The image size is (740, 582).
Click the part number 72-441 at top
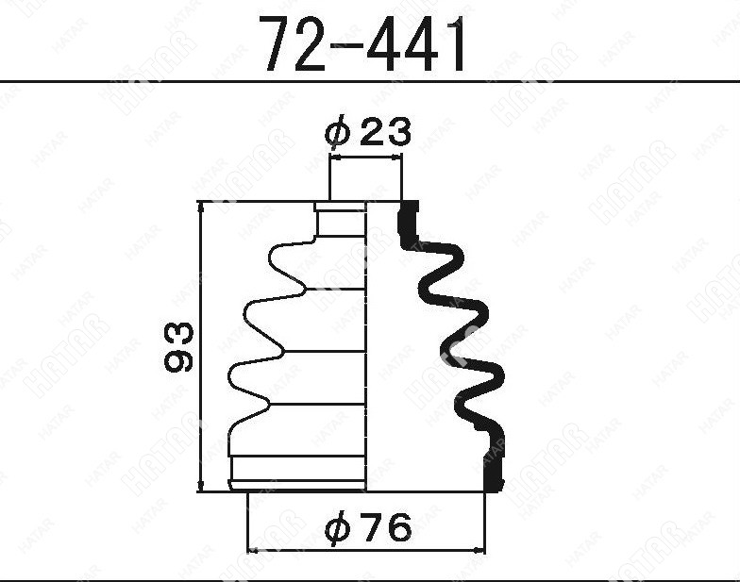click(x=364, y=42)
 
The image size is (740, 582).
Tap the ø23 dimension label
click(x=368, y=131)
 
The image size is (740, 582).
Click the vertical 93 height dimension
click(x=179, y=347)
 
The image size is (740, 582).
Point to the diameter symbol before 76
click(x=338, y=527)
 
